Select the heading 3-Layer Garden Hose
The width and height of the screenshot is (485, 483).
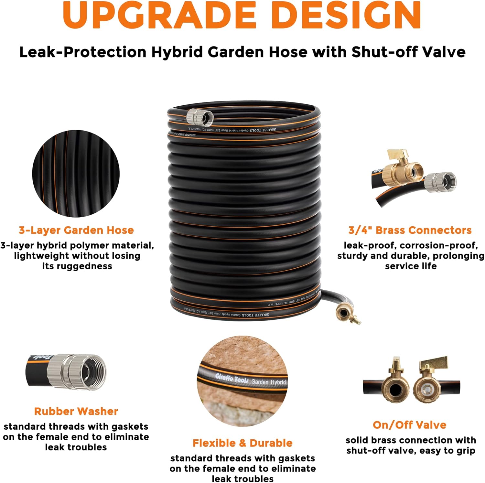pos(76,230)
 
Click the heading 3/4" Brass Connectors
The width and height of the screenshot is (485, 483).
pos(410,230)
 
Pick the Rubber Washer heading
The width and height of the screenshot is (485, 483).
pos(76,411)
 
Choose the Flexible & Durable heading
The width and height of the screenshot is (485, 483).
pos(242,443)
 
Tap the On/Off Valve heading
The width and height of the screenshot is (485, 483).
pos(410,425)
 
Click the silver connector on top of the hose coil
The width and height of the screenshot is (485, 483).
pos(200,117)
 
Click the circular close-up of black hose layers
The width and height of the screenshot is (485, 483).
pos(76,174)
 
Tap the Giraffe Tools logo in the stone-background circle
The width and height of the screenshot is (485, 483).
pos(232,378)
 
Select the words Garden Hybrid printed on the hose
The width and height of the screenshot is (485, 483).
pos(269,382)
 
